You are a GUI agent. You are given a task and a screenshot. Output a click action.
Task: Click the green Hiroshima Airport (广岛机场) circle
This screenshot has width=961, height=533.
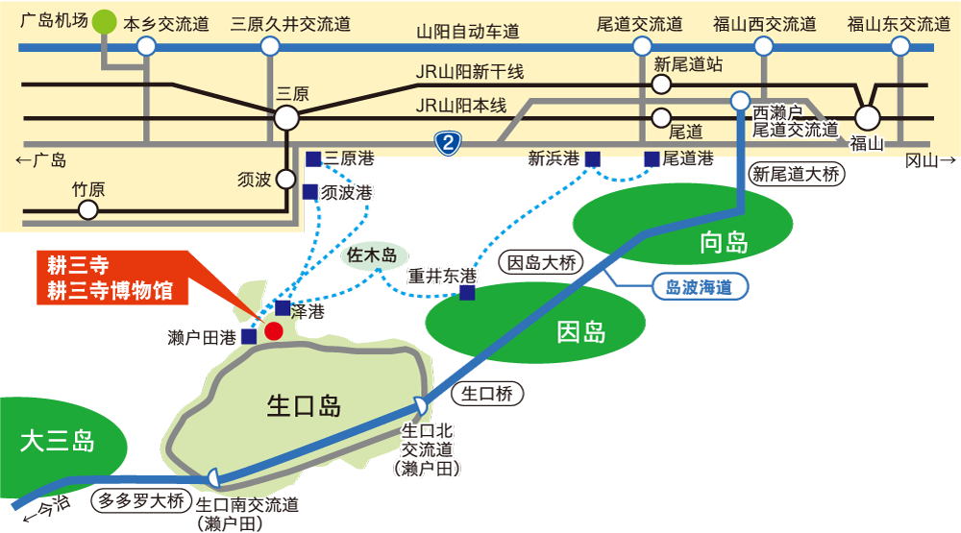point(104,21)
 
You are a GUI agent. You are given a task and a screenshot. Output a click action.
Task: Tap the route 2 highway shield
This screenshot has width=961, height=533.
point(448,143)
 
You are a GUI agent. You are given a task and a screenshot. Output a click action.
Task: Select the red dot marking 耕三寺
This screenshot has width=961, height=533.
point(273,331)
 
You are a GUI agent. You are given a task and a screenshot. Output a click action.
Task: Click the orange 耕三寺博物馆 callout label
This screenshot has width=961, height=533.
point(111,278)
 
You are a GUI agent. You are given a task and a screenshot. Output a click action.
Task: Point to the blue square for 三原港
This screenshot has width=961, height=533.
point(313,159)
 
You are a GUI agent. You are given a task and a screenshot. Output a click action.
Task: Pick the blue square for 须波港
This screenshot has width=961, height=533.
point(310,192)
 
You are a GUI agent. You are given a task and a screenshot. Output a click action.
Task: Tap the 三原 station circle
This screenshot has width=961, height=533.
point(286,117)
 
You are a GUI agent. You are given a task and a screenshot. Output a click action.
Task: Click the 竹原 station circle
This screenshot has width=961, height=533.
point(88,210)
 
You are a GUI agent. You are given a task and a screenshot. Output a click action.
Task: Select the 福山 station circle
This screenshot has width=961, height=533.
point(867,117)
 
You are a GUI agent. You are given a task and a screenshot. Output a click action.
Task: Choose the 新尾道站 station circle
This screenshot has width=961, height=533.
point(661,85)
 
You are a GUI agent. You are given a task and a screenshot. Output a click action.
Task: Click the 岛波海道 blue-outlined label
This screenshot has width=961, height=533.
point(700,287)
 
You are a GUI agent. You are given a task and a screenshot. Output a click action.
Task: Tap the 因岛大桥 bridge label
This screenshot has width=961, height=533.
point(541,263)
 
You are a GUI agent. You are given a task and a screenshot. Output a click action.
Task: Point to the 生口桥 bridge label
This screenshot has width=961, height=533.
point(487,394)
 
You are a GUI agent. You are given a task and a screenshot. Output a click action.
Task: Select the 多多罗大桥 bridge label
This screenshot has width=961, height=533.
point(141,500)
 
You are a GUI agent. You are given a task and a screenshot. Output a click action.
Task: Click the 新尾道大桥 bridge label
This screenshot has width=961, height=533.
point(796,174)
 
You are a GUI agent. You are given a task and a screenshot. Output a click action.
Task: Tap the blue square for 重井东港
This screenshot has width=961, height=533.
point(467,293)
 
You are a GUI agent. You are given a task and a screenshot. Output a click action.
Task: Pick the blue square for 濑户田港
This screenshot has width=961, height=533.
point(249,336)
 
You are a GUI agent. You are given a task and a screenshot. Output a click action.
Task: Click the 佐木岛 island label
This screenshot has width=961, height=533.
point(373,254)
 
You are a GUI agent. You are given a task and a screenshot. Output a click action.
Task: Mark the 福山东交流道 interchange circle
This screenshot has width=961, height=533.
point(900,46)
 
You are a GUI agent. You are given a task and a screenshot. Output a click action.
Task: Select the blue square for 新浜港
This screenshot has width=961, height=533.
point(592,159)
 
